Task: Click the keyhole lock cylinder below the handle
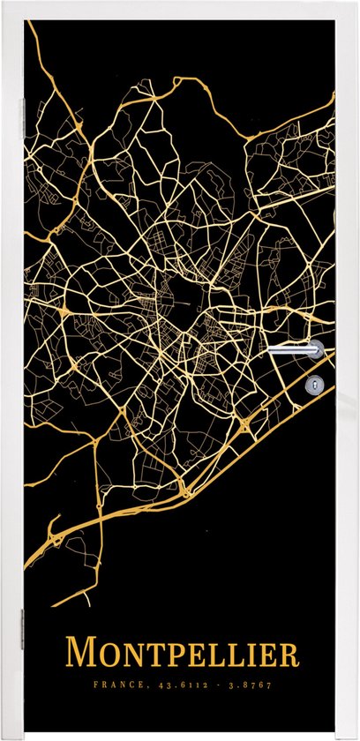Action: click(316, 384)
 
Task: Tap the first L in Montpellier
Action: click(215, 656)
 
